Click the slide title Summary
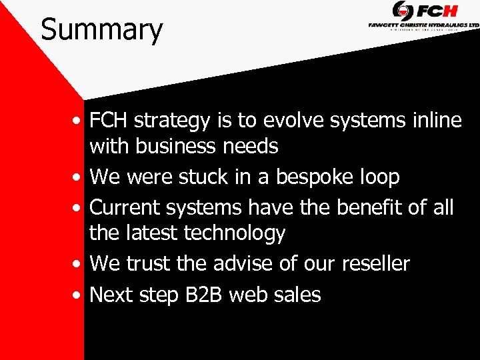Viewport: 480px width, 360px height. click(x=101, y=30)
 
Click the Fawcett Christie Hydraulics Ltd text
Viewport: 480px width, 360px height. click(x=423, y=25)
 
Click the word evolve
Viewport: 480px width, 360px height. click(x=284, y=121)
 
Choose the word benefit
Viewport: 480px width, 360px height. click(x=367, y=207)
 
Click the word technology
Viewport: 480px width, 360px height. click(x=234, y=233)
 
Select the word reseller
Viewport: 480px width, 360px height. click(x=375, y=263)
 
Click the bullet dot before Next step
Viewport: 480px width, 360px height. click(x=79, y=295)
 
